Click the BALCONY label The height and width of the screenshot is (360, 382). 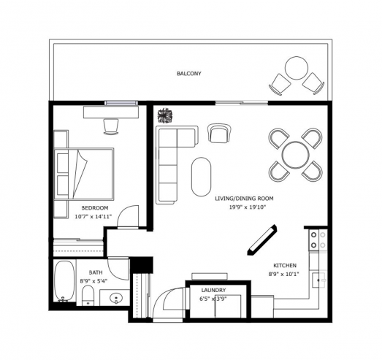point(189,73)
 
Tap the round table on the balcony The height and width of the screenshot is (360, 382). point(297,68)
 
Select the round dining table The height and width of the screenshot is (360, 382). point(296,155)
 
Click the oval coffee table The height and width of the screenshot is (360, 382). point(202,177)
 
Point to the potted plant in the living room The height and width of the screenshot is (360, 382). point(165,115)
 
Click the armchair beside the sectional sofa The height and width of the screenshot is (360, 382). point(219,133)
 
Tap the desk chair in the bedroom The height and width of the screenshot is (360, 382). point(111,126)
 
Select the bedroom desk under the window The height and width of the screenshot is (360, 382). point(111,112)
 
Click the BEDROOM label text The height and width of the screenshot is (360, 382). point(95,208)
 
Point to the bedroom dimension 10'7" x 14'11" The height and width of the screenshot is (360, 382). point(93,217)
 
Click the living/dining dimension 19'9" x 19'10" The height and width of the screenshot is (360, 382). point(248,207)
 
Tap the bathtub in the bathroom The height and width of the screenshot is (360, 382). point(64,281)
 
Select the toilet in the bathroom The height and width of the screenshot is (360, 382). point(88,295)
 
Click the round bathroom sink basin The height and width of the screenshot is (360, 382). point(116,298)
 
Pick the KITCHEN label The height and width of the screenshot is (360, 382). point(285,266)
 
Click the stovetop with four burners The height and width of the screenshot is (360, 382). point(318,240)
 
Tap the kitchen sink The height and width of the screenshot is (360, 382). point(320,280)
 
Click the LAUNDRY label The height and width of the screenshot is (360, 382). point(213,290)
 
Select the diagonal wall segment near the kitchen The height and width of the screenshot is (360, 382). point(262,240)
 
